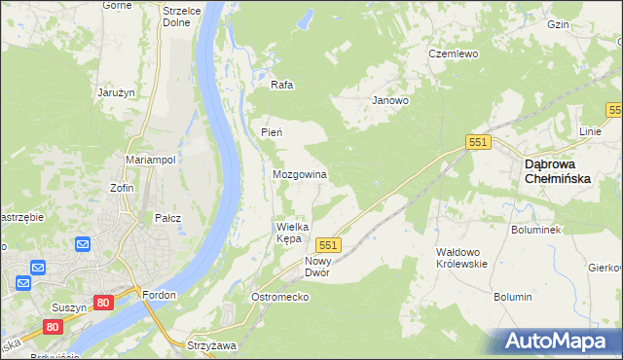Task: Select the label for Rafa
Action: (x=281, y=85)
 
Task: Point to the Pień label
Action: (x=271, y=132)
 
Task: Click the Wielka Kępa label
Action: (x=292, y=233)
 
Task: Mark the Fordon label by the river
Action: (x=159, y=295)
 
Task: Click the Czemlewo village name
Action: (x=454, y=54)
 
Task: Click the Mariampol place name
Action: (x=150, y=160)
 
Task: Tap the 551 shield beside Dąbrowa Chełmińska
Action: (x=477, y=143)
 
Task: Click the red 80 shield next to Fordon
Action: (x=104, y=304)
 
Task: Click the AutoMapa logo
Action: (x=558, y=342)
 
